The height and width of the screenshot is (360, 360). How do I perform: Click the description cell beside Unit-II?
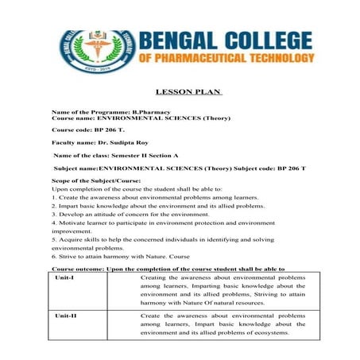(223, 324)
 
